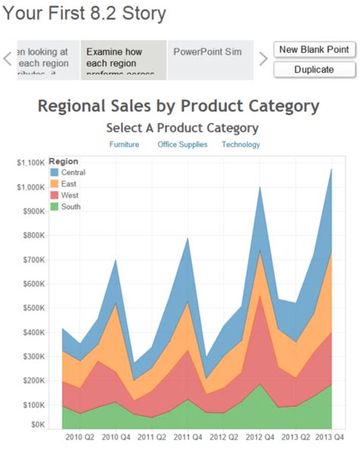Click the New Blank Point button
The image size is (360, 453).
314,49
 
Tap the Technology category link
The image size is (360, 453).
241,144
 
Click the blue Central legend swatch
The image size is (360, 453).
54,172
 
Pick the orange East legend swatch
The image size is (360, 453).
54,184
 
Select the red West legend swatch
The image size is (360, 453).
54,195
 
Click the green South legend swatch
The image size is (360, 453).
54,206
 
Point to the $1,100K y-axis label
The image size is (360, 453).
30,162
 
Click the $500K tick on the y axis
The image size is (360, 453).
33,307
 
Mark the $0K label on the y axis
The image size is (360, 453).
36,425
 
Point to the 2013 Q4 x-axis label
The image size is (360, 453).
329,438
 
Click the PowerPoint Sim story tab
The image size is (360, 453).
207,52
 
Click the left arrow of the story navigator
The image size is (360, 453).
8,59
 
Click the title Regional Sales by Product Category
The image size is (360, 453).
178,105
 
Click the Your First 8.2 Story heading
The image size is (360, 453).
84,13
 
